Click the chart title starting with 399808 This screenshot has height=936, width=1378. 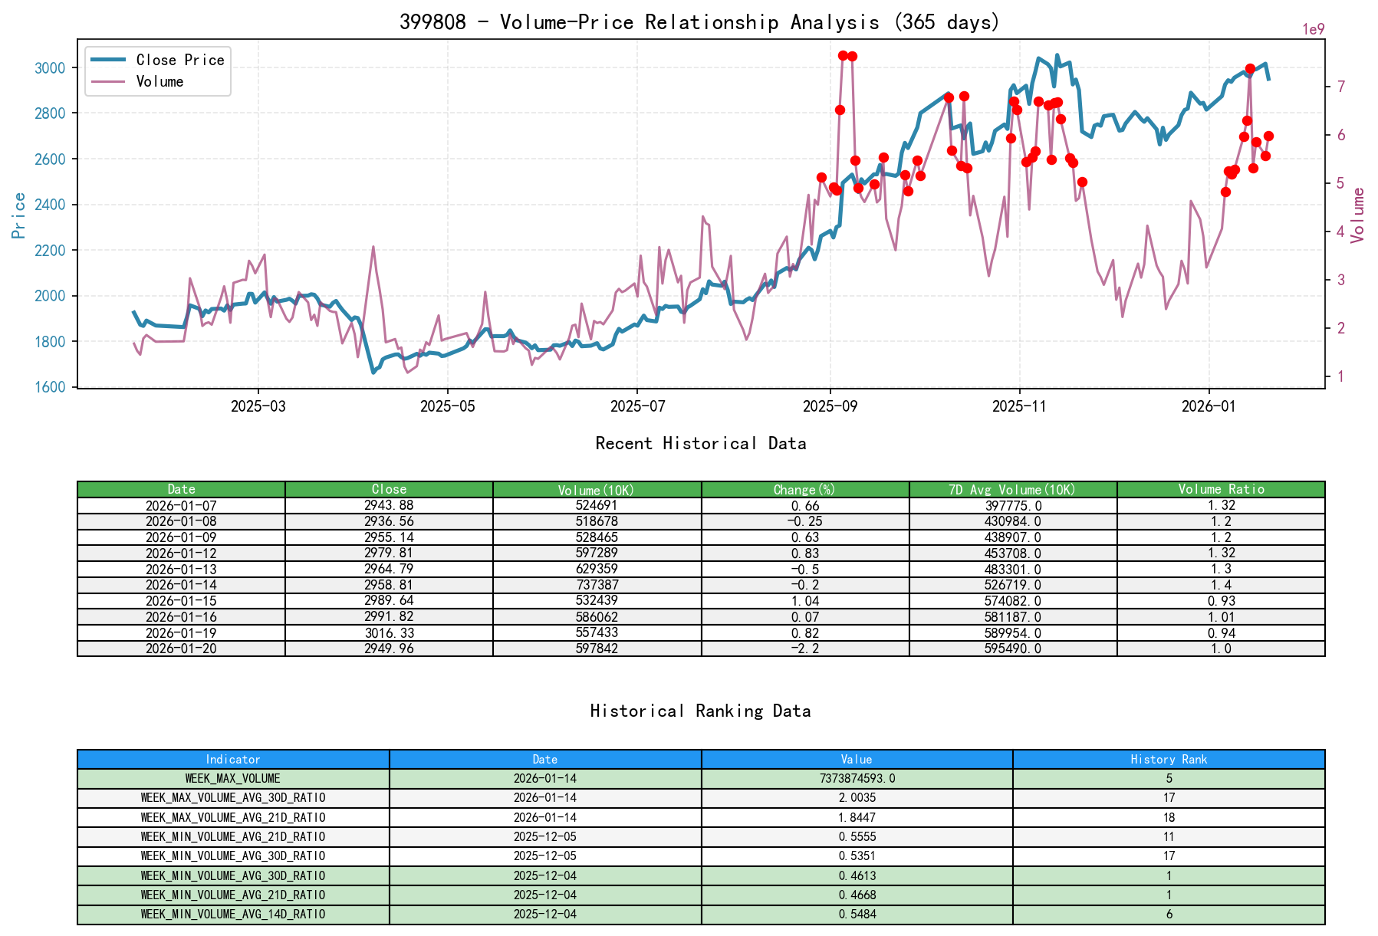699,21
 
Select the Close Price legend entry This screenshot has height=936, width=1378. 179,60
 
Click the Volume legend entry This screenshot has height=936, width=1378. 160,81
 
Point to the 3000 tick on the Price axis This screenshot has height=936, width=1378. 50,68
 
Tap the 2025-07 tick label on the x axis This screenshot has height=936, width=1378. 637,406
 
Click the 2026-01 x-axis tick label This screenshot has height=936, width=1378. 1209,406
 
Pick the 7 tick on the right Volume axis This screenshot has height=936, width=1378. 1341,87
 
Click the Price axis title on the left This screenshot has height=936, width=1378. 19,215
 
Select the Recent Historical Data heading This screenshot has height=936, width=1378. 700,443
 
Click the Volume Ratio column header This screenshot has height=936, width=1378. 1221,489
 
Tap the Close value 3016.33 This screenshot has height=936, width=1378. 389,632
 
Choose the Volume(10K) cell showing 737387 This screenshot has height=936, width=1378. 597,585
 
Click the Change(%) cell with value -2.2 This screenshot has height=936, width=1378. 804,649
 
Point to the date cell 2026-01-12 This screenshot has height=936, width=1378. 181,553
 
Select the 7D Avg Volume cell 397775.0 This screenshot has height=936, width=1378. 1012,505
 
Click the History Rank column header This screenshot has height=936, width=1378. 1168,759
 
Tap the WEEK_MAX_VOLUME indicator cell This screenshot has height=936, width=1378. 233,778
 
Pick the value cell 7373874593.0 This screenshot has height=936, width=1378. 857,778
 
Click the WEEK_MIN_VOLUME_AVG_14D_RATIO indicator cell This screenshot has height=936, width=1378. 233,914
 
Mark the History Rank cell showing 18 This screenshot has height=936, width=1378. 1168,817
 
